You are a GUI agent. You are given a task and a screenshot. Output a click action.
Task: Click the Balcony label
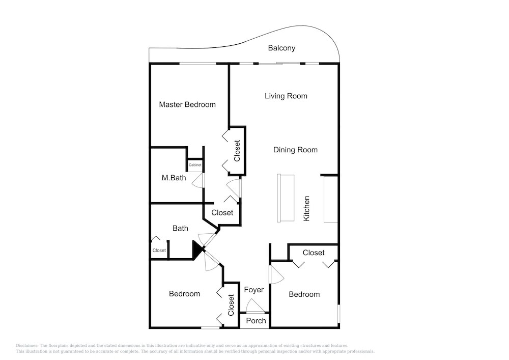[x=281, y=48]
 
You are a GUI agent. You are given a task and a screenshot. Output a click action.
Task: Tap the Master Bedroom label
[x=187, y=104]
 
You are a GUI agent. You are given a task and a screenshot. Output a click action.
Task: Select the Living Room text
[x=286, y=96]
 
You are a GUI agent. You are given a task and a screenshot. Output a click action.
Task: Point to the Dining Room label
[x=295, y=150]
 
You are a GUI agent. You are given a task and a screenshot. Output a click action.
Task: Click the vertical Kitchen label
[x=306, y=209]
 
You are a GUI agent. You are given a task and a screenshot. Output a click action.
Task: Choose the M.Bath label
[x=174, y=178]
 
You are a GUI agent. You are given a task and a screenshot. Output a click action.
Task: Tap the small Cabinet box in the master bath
[x=195, y=165]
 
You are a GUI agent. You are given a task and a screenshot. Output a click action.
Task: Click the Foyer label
[x=254, y=290]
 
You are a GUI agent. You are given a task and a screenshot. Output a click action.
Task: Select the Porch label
[x=256, y=321]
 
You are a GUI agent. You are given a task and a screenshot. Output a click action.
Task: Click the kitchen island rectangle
[x=286, y=199]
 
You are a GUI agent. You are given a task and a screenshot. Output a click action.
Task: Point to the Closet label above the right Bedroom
[x=314, y=253]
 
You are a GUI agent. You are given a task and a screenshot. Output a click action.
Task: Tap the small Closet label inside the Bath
[x=159, y=251]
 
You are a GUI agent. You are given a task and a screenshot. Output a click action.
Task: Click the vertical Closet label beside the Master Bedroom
[x=237, y=151]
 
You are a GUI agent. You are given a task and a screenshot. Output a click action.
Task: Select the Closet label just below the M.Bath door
[x=222, y=213]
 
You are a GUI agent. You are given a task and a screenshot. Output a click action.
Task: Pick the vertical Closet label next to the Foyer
[x=231, y=305]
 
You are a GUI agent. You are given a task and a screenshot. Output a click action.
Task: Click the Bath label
[x=180, y=229]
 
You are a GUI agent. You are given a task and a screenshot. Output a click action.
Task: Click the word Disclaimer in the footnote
[x=27, y=346]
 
